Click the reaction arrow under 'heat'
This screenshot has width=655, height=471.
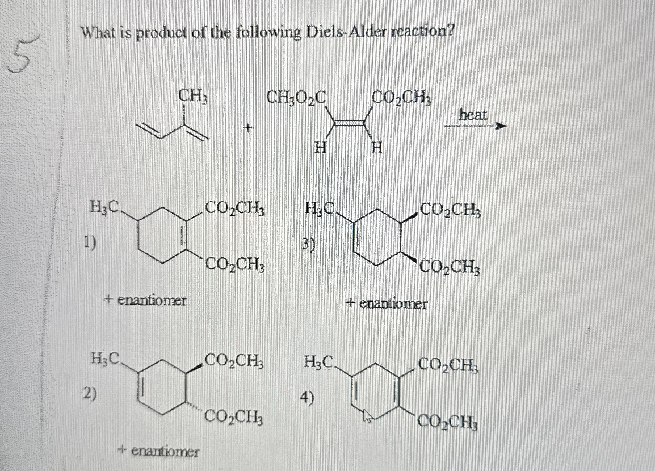click(x=475, y=126)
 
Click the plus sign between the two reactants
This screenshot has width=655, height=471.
click(x=248, y=127)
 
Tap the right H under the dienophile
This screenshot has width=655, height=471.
click(x=377, y=149)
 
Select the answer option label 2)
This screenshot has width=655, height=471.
click(x=90, y=393)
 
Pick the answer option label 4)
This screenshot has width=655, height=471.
click(x=307, y=399)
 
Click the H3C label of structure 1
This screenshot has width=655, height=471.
click(x=104, y=207)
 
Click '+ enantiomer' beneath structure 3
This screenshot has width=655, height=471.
click(x=387, y=304)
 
